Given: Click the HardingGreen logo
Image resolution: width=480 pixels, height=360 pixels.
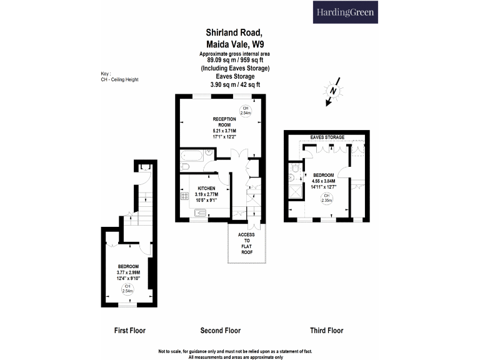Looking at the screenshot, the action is pos(345,12).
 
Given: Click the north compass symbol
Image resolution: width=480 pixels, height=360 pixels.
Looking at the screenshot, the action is pos(332,91).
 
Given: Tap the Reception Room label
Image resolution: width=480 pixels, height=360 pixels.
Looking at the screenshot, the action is pos(224,122).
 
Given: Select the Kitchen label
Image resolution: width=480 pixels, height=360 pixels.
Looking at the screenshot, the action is pos(206,188).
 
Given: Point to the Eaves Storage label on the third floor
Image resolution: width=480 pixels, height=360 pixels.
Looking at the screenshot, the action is pos(327,137).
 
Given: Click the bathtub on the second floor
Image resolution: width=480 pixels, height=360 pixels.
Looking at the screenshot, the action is pos(192,156).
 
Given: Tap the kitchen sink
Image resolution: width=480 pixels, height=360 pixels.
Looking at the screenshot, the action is pos(200,212).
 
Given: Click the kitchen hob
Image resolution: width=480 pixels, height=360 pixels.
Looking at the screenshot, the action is pos(184,196).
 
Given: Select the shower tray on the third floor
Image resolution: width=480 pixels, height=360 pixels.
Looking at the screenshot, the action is pos(296,192).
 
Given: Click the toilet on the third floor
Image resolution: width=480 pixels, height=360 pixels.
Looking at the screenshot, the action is pos(295,167).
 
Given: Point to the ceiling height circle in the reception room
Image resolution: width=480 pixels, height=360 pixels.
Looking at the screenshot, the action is pos(246,111).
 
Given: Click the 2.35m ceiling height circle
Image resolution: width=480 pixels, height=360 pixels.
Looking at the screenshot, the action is pos(327,198).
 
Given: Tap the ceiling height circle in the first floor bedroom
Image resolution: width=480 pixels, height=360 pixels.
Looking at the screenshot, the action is pos(127,289).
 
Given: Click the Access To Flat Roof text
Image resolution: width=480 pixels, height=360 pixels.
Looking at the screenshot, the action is pos(246,243).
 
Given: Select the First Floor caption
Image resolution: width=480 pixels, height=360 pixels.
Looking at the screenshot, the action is pos(130,331).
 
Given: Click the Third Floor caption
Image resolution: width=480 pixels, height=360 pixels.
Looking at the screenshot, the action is pos(327,331).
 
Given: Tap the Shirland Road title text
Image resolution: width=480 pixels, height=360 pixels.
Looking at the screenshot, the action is pos(234,32).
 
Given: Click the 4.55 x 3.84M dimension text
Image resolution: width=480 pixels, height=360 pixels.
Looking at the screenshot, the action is pos(324,181).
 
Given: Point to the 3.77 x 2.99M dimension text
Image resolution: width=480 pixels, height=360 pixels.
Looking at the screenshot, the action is pos(128,272).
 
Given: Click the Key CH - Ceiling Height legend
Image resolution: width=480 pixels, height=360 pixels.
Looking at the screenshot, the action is pos(120,76).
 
